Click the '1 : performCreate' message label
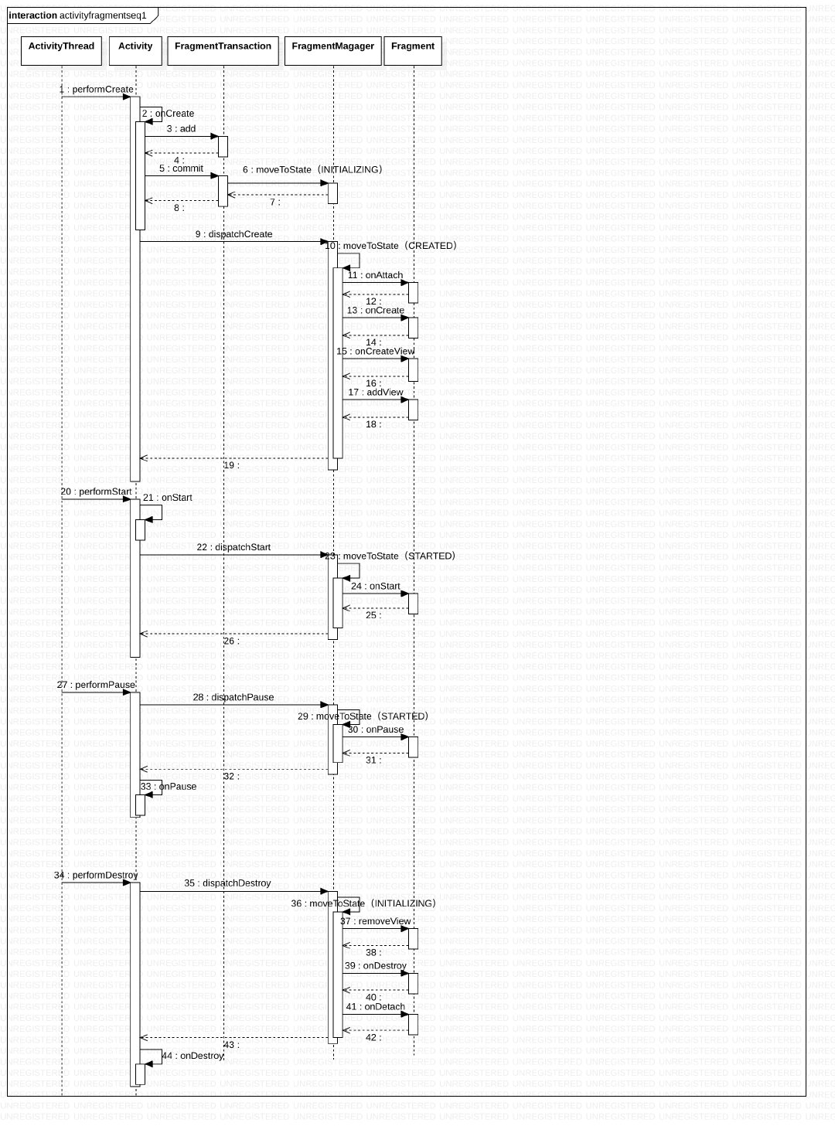97,90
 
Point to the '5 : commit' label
182,168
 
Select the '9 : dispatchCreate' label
233,234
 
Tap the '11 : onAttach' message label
375,275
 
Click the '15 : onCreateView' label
376,352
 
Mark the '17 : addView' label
376,393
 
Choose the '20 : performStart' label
97,492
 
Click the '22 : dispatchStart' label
233,547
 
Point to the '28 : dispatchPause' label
233,697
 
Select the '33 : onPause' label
169,787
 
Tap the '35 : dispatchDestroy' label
227,883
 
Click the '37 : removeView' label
376,921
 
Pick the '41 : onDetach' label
376,1007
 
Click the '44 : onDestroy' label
193,1056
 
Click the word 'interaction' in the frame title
33,15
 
